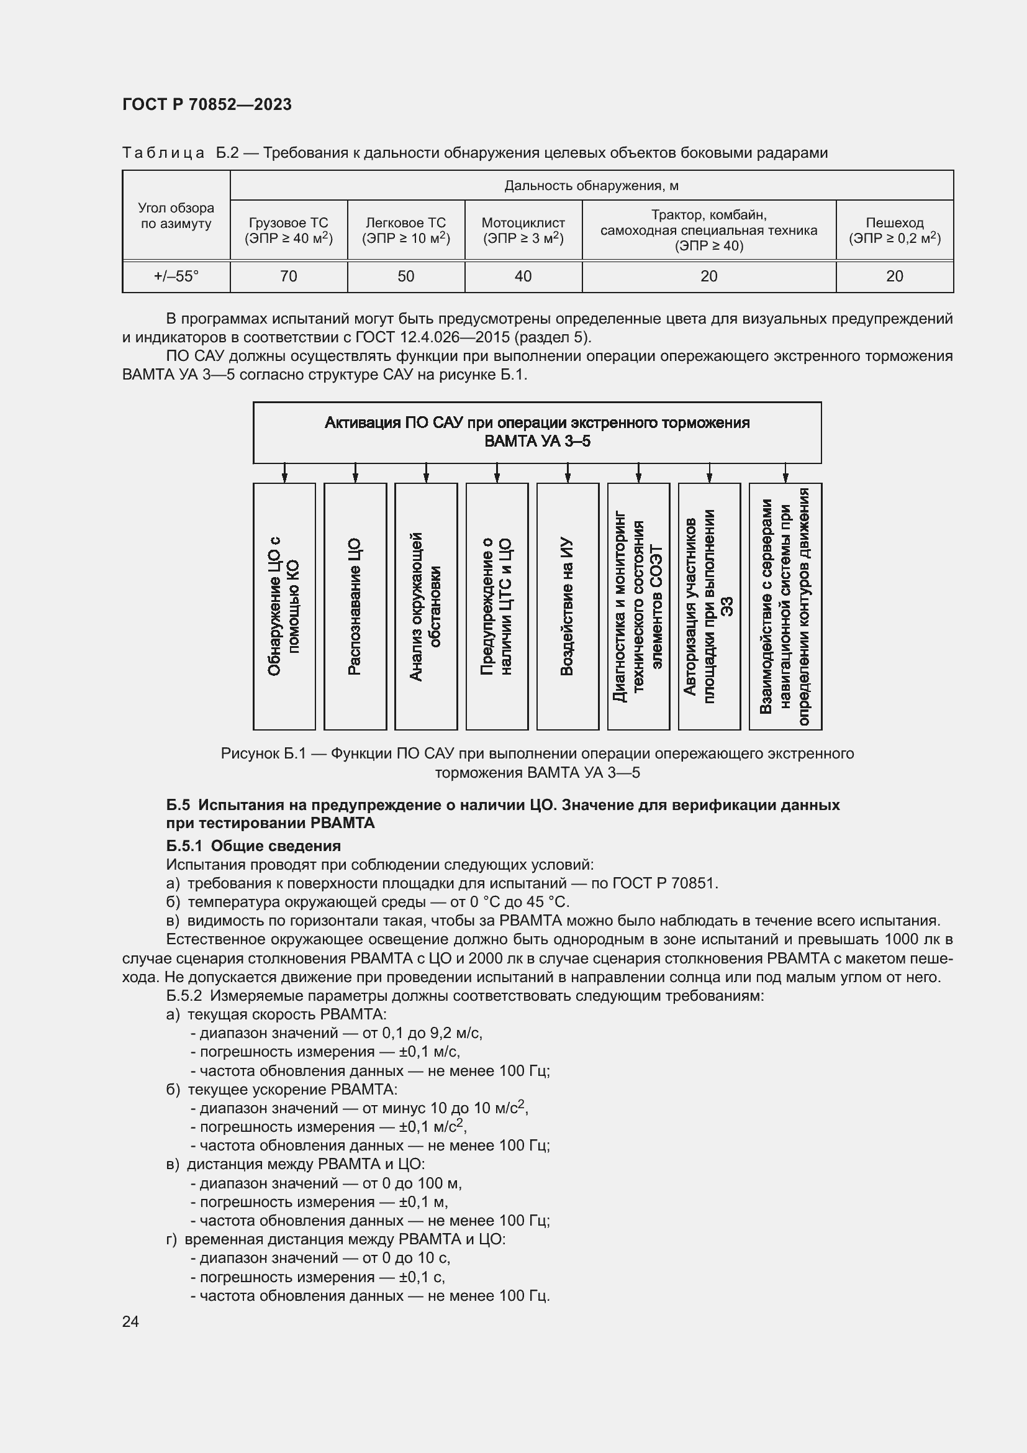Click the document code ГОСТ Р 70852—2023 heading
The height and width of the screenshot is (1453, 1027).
point(207,104)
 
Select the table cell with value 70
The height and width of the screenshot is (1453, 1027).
point(288,276)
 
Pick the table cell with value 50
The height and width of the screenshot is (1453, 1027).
point(405,276)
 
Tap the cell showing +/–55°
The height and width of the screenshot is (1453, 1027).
point(176,276)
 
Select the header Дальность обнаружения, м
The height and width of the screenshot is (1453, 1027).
point(591,185)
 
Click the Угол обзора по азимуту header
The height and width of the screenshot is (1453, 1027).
point(176,215)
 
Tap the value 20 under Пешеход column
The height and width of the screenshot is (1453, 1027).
point(894,276)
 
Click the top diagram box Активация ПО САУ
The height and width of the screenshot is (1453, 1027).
point(537,432)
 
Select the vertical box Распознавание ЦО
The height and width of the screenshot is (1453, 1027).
point(355,606)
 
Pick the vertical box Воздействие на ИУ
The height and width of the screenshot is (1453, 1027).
point(568,606)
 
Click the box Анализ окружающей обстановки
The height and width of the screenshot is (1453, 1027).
point(425,606)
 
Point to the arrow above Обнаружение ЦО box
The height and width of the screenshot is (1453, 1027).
point(284,473)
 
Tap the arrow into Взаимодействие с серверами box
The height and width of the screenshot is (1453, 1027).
point(785,473)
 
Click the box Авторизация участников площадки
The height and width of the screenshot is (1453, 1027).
point(709,606)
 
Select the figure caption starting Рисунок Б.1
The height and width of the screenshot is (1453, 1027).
point(537,763)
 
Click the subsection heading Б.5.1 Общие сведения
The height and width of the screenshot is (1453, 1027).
point(253,846)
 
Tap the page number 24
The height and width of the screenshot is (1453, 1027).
point(130,1321)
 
